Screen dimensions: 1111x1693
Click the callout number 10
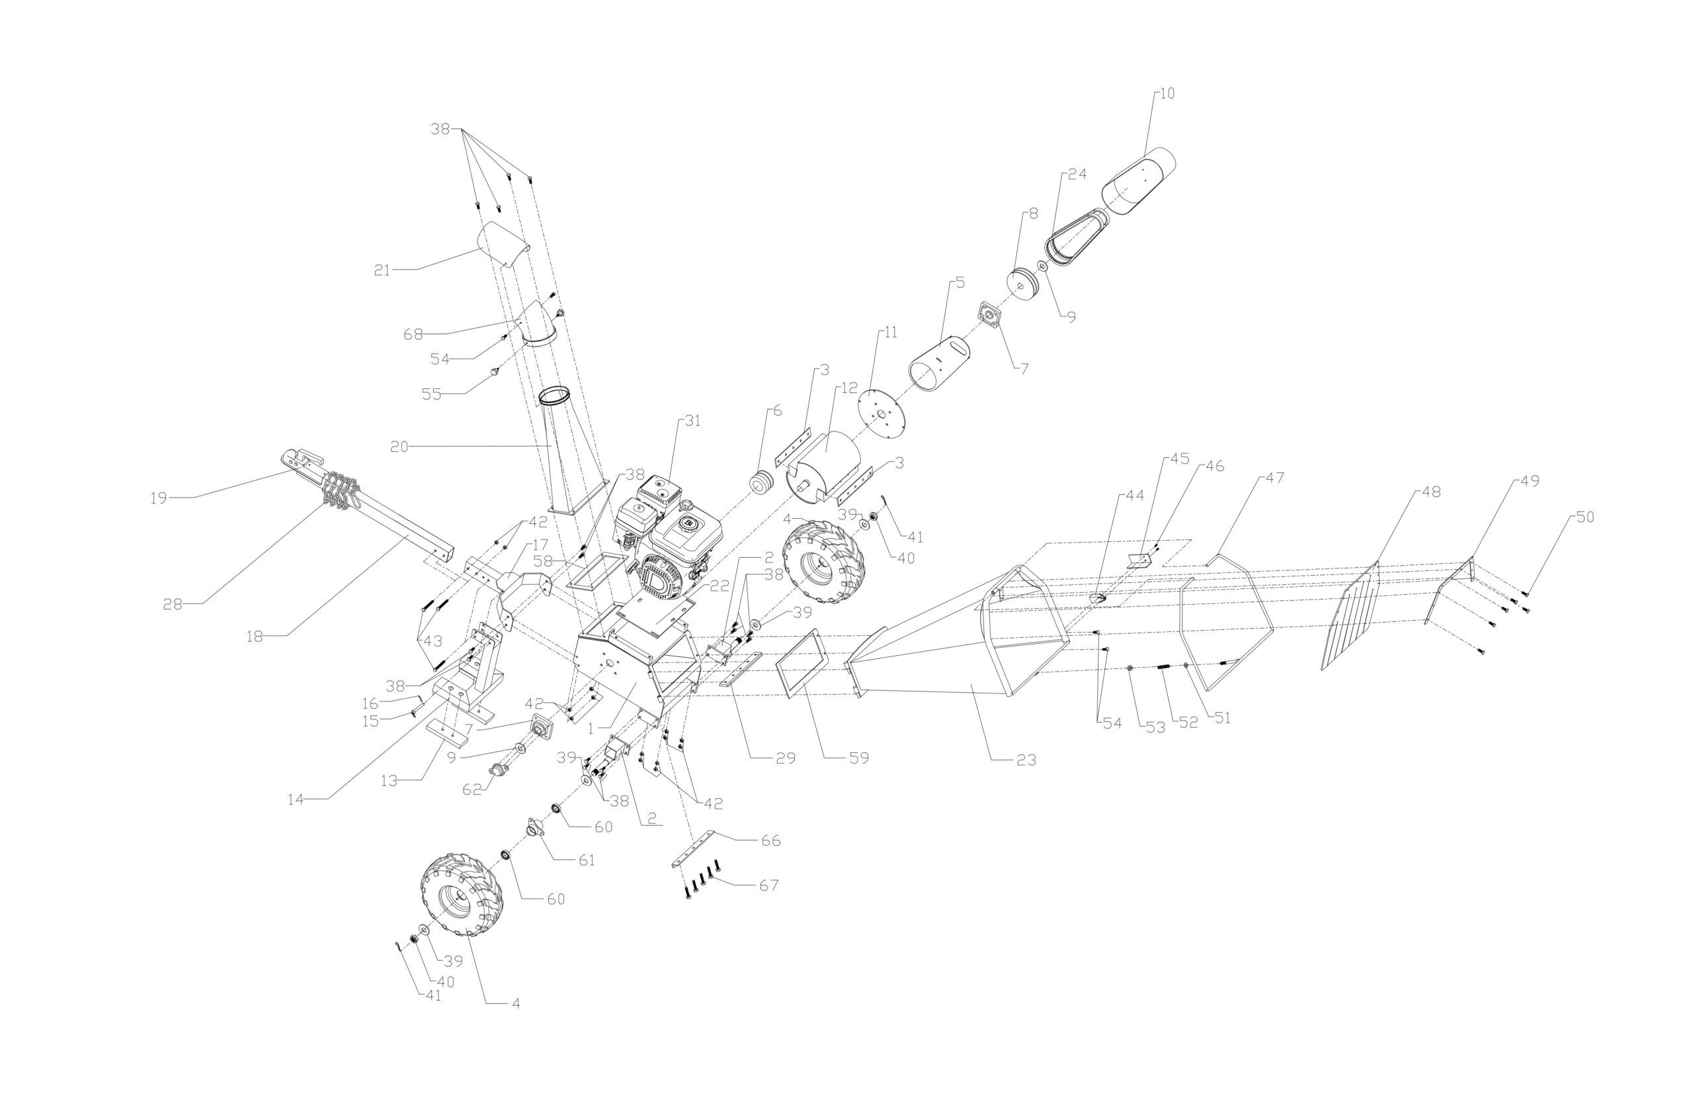(1167, 93)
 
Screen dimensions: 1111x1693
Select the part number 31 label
(692, 421)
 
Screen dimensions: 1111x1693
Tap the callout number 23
(1026, 760)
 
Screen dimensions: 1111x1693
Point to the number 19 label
(158, 498)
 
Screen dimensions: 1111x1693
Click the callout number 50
(1586, 517)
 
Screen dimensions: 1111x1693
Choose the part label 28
(173, 604)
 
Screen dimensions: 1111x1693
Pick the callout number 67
(769, 885)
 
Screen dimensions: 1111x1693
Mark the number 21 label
(383, 271)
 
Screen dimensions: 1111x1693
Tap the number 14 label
(295, 800)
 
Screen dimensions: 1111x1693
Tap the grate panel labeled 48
(1352, 615)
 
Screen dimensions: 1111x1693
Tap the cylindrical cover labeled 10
(1138, 181)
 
